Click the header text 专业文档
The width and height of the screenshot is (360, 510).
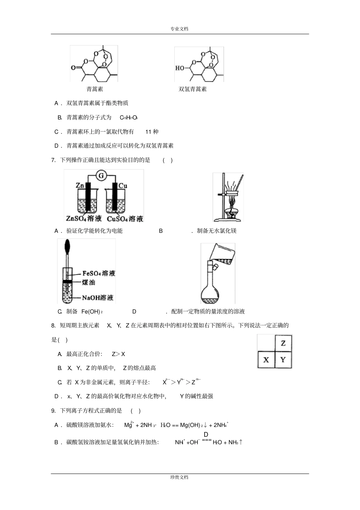[x=179, y=28]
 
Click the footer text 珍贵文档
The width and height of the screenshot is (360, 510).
[x=179, y=477]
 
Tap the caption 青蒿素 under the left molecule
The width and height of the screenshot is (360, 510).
[x=95, y=89]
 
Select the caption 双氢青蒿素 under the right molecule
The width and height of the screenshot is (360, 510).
[x=193, y=89]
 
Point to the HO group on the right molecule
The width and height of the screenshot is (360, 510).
[x=180, y=68]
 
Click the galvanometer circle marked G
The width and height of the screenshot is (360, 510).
[x=101, y=175]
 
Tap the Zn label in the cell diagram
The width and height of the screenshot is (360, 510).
[x=80, y=185]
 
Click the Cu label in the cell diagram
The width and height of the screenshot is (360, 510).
[x=123, y=185]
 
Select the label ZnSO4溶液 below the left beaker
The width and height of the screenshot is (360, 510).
[x=84, y=218]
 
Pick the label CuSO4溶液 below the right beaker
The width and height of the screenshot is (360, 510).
[x=125, y=218]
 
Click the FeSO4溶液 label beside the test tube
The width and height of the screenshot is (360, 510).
[x=99, y=273]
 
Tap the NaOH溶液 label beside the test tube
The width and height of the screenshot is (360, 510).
[x=97, y=298]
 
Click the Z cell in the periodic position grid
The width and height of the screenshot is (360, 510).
[x=283, y=344]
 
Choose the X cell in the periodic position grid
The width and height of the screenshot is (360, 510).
[x=266, y=359]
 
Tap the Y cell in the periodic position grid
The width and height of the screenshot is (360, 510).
[x=283, y=359]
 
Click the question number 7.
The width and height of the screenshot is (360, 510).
[x=53, y=160]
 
